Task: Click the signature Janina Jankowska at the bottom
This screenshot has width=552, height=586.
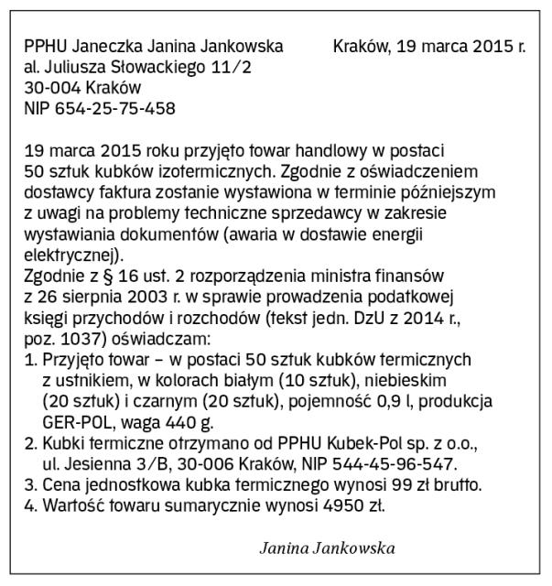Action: [x=327, y=548]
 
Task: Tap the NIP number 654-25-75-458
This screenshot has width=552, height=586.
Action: [x=114, y=108]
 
